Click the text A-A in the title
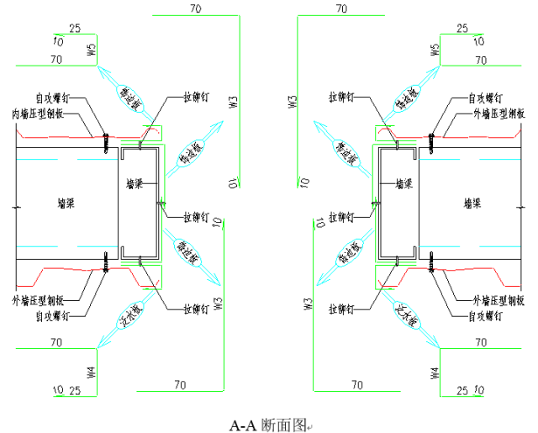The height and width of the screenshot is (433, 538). (x=243, y=425)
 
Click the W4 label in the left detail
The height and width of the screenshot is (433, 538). (x=92, y=371)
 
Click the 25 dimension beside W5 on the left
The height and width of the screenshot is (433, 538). (x=74, y=29)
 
